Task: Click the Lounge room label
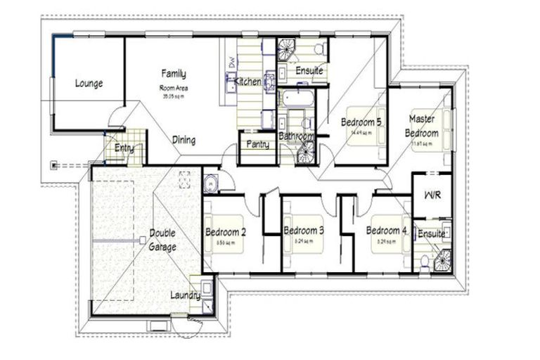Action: [89, 84]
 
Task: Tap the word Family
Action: [173, 73]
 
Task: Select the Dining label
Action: [184, 140]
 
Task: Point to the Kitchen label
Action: [248, 82]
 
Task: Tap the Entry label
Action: [124, 148]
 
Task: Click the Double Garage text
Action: [162, 240]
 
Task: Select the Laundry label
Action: [185, 295]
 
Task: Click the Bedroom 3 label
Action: [304, 231]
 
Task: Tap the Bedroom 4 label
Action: [386, 231]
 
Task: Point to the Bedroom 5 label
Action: [361, 122]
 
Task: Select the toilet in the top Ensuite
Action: [319, 49]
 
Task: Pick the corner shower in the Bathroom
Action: [307, 152]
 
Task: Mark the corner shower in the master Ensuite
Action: [442, 259]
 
